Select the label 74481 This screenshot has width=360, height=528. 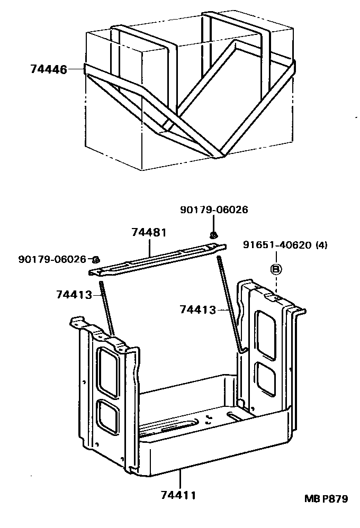coord(149,232)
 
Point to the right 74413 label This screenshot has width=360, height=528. coord(198,309)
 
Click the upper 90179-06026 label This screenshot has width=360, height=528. coord(214,210)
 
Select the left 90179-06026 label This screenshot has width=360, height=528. coord(52,259)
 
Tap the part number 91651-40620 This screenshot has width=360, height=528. coord(278,244)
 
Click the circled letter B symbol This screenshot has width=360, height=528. coord(275,269)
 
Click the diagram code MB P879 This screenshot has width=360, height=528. coord(326,498)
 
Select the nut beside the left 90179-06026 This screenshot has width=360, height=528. coord(96,259)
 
